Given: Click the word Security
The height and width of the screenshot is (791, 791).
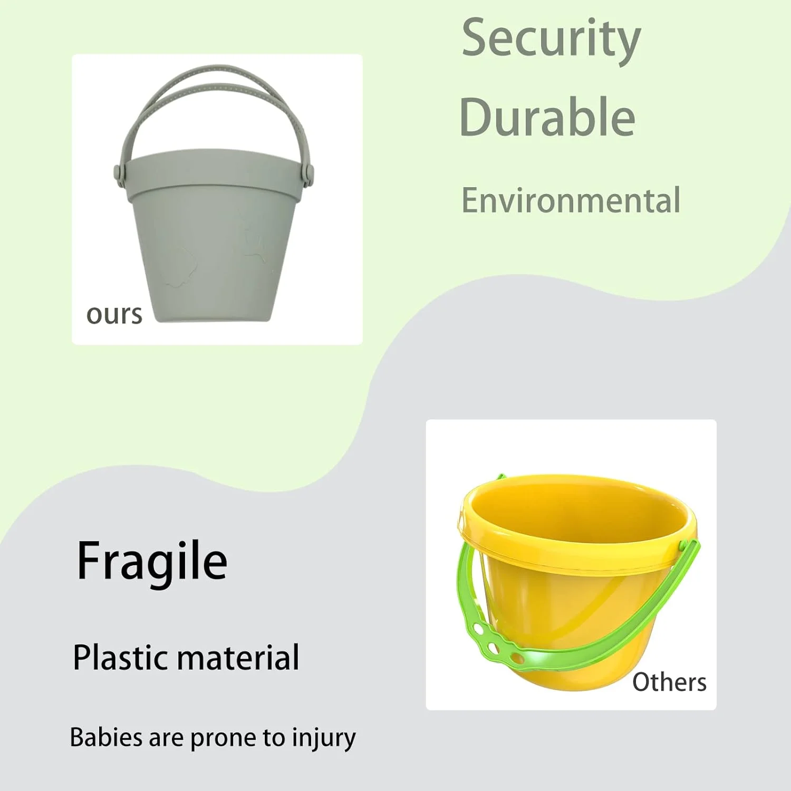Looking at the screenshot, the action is [x=551, y=38].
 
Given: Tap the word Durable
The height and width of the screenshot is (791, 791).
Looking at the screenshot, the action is [x=547, y=117].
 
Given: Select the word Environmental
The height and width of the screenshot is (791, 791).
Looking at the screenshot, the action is [x=571, y=200].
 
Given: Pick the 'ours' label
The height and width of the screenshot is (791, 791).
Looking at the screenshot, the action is [x=114, y=315].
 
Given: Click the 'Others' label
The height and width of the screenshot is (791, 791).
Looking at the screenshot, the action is [x=669, y=682].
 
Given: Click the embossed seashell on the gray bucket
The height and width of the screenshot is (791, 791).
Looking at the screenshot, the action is [x=179, y=266].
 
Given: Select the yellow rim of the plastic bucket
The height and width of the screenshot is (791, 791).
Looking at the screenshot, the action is [x=577, y=548].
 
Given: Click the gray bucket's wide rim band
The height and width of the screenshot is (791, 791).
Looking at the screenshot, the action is [x=214, y=174].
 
